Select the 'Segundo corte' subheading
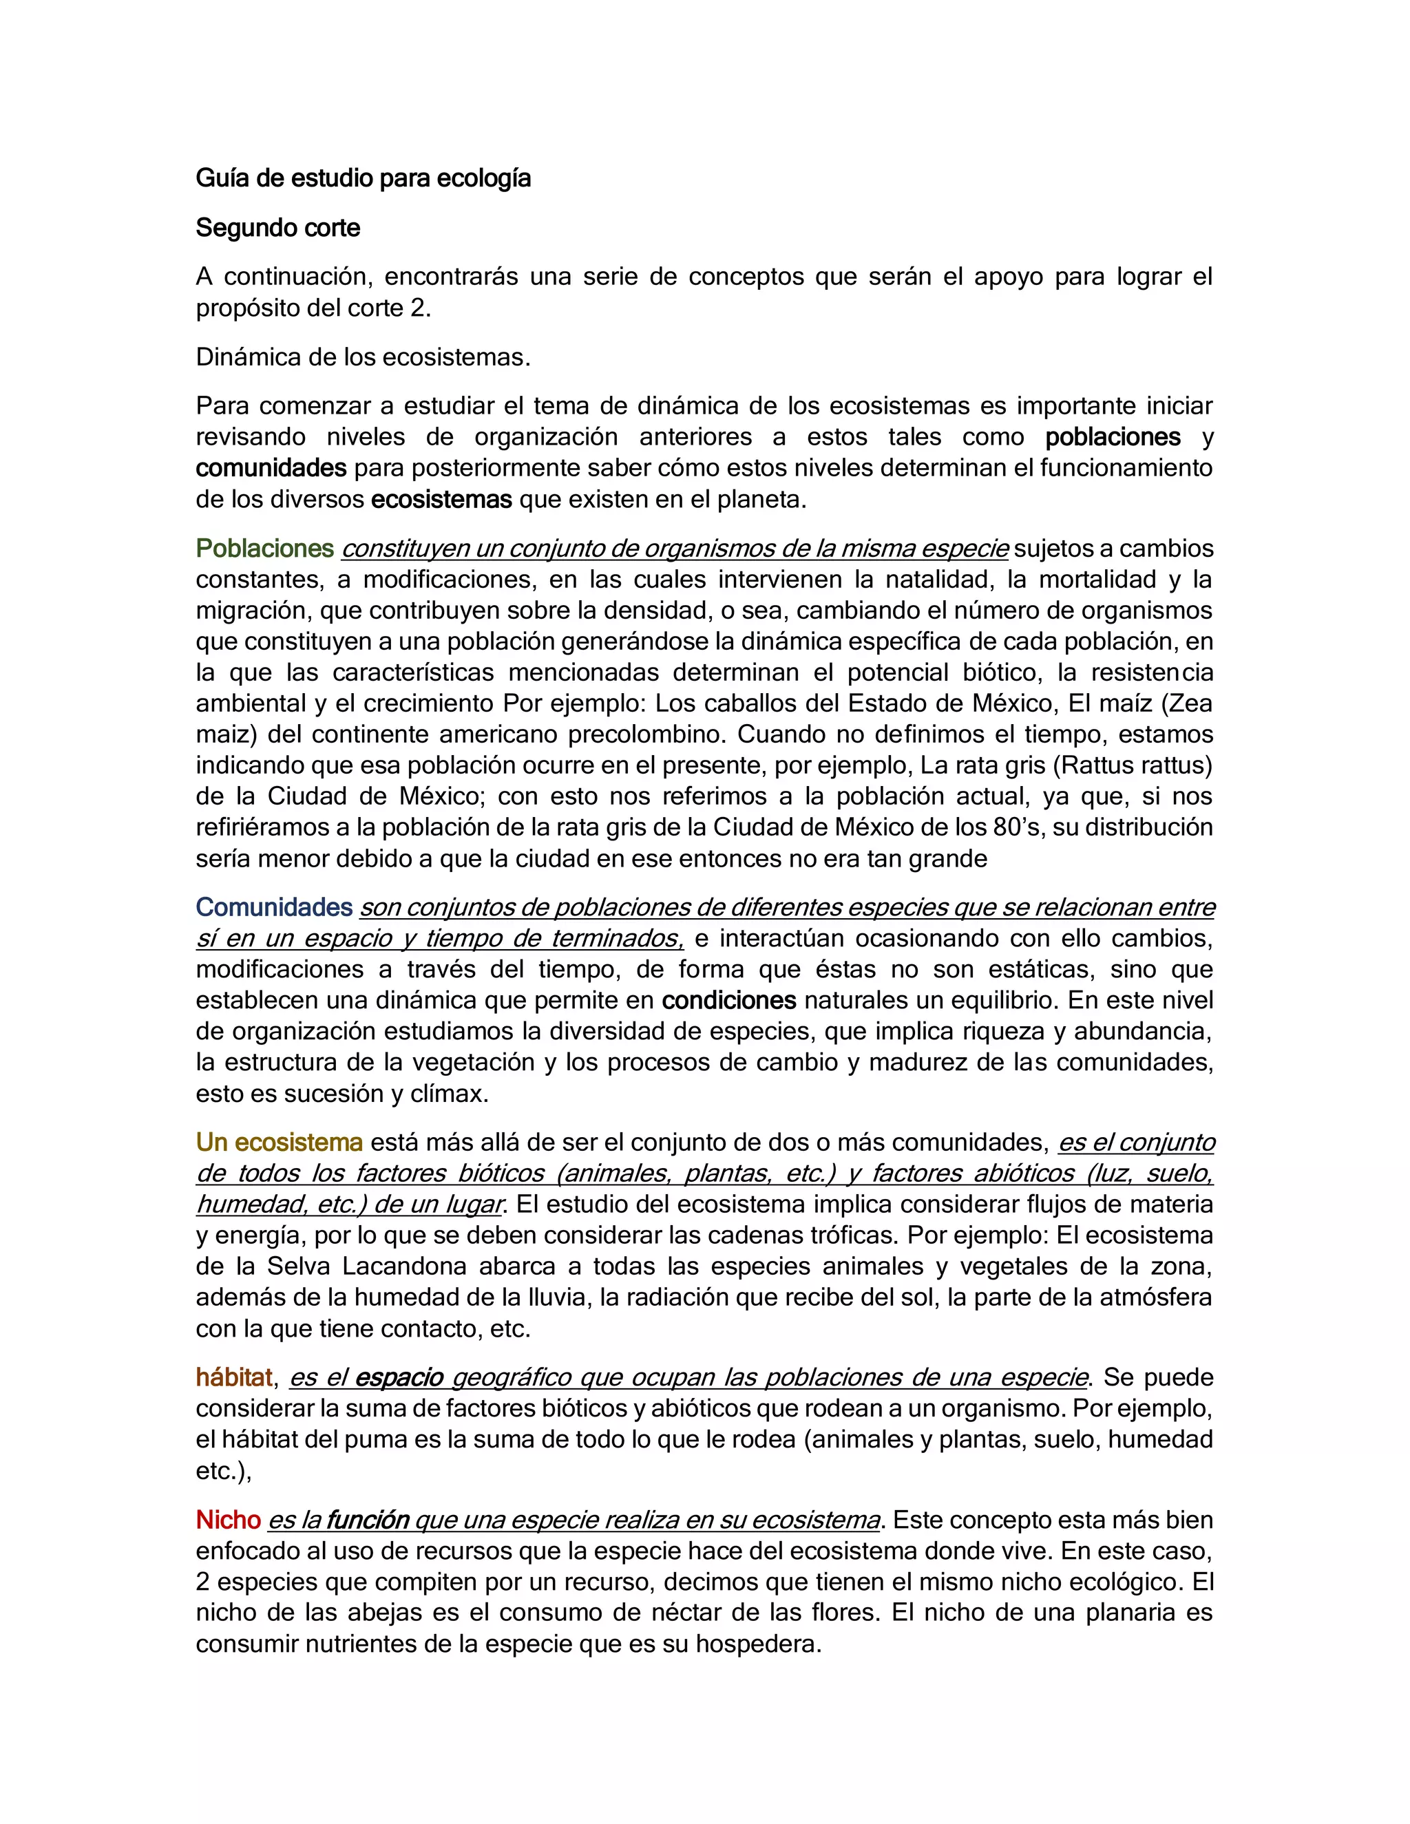(278, 228)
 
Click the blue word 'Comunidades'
(274, 908)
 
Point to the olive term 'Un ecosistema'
(279, 1143)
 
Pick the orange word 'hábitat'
(235, 1378)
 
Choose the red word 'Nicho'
(228, 1520)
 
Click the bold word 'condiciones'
(728, 1001)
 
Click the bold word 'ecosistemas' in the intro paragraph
(441, 500)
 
